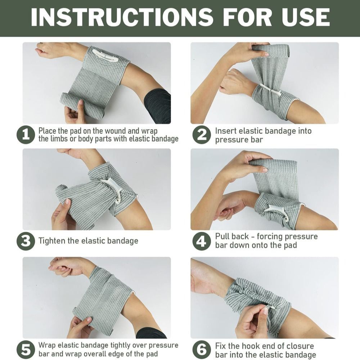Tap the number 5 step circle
tap(26, 350)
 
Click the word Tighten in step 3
tap(52, 241)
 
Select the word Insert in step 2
tap(226, 131)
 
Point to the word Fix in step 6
tap(221, 346)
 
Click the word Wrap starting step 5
tap(47, 345)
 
